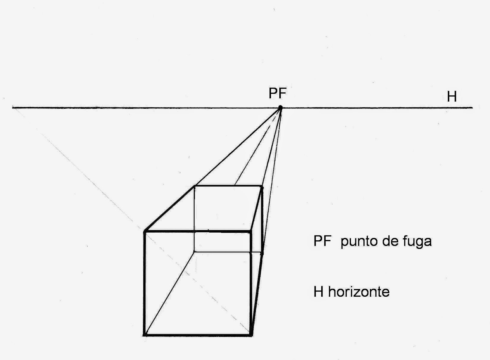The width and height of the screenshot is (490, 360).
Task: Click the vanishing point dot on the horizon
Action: click(x=280, y=107)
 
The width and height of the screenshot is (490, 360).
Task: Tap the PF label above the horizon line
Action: click(x=277, y=93)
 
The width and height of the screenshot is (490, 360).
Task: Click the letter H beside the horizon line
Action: click(x=452, y=97)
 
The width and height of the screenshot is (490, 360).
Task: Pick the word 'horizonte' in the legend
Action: click(x=359, y=292)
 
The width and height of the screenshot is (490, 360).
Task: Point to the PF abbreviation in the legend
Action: click(x=322, y=241)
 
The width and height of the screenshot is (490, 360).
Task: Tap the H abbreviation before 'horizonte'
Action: click(x=318, y=292)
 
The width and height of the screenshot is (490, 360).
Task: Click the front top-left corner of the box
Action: click(x=145, y=231)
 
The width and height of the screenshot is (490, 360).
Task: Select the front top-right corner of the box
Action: click(x=251, y=232)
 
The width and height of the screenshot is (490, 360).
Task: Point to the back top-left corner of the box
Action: click(x=194, y=186)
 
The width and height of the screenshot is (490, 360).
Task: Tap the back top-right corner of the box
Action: click(x=262, y=186)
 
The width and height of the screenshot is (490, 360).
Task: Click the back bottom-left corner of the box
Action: click(x=194, y=252)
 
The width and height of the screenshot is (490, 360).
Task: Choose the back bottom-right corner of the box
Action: click(x=262, y=253)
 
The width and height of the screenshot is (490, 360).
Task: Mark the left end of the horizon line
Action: click(x=13, y=107)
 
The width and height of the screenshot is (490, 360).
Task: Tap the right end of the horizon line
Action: click(x=472, y=107)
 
